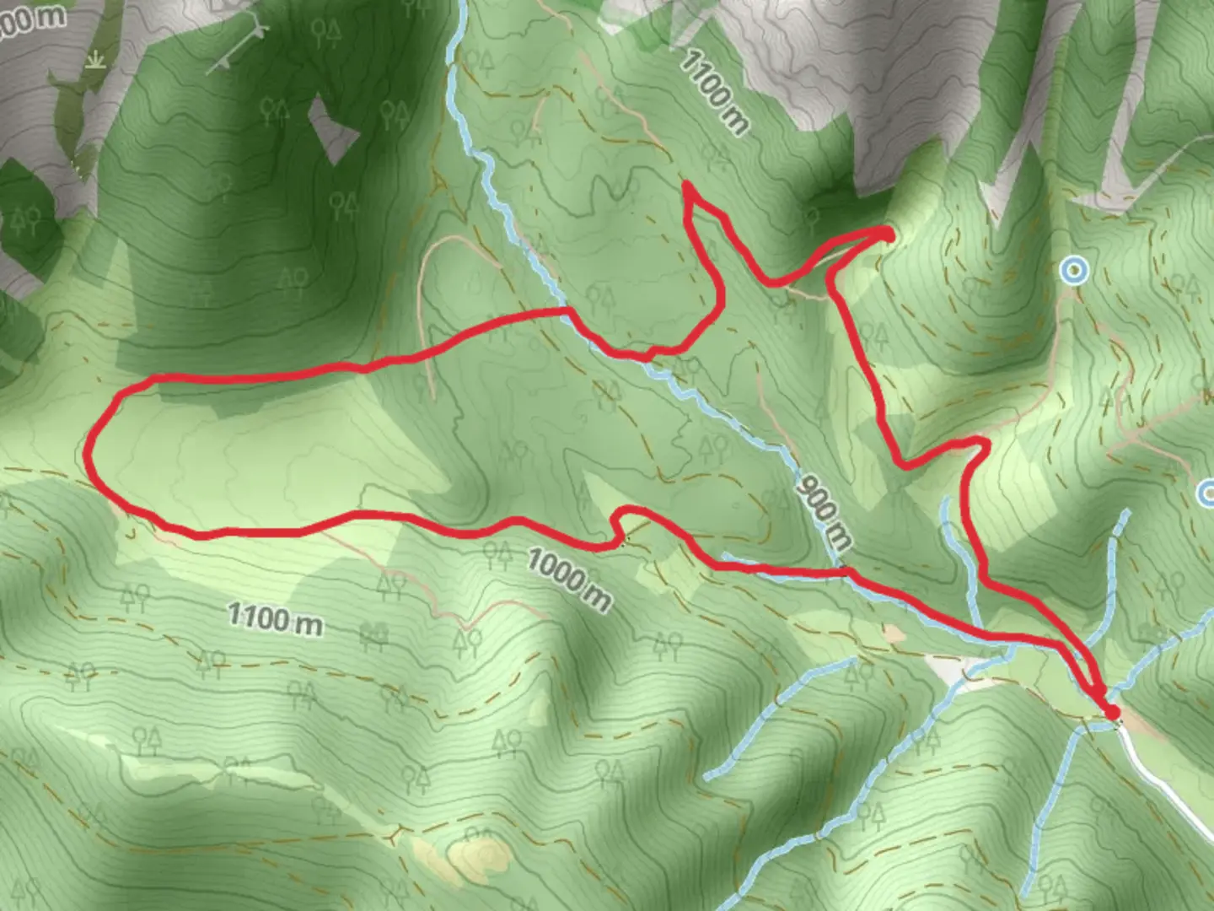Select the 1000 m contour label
click(570, 578)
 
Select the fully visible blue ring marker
click(1074, 271)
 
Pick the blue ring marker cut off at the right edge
click(1207, 493)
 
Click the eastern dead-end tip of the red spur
click(887, 233)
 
